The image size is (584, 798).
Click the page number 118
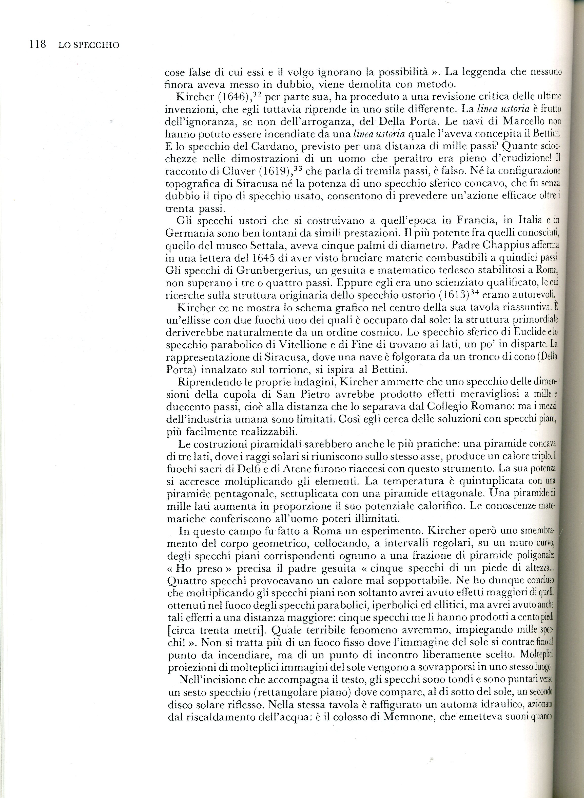38,45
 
